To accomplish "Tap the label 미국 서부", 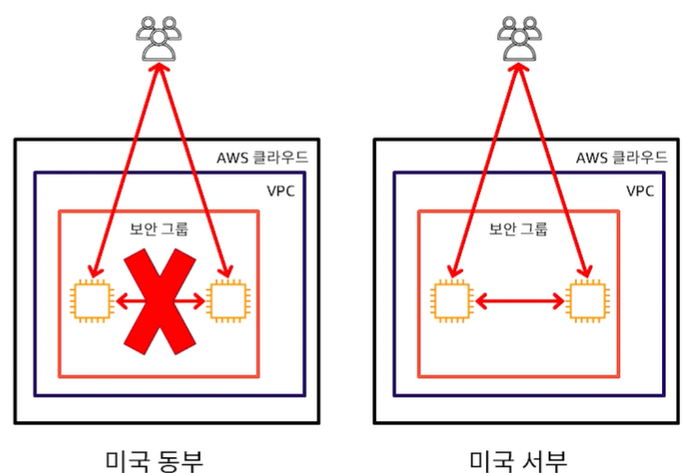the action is click(518, 459).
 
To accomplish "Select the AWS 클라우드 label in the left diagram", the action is click(263, 158).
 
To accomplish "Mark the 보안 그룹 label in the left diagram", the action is click(159, 230).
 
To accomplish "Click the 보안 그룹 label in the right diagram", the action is click(519, 230).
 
